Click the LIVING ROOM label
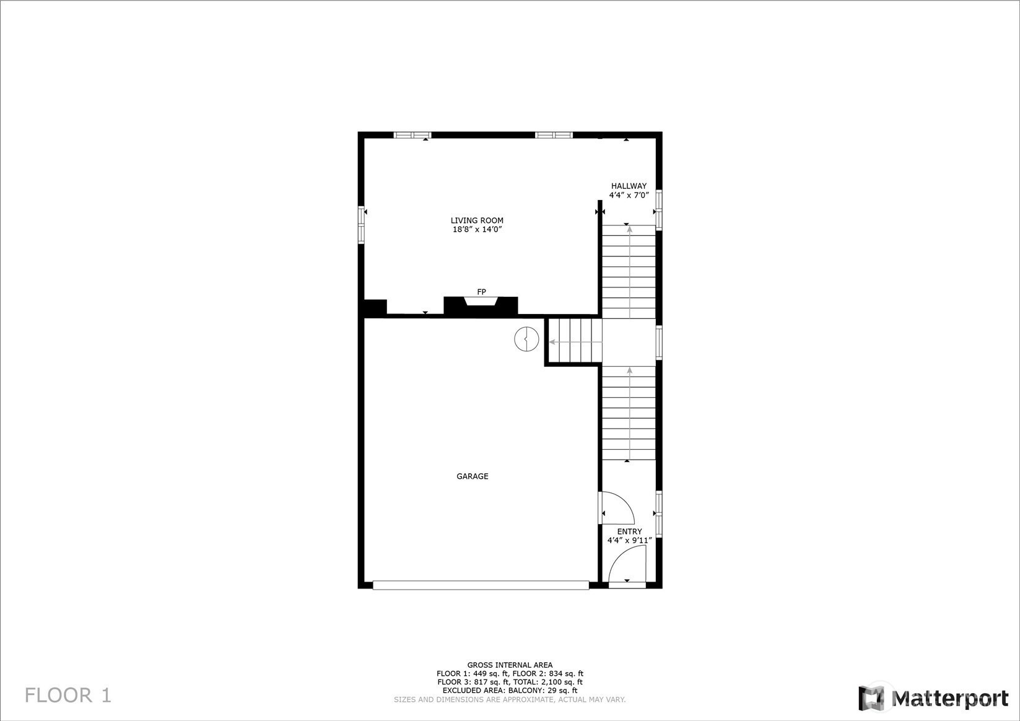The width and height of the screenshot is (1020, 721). (x=477, y=221)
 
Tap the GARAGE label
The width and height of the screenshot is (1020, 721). (x=472, y=476)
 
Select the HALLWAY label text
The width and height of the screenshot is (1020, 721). (x=629, y=186)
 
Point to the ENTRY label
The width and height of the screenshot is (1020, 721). (x=629, y=531)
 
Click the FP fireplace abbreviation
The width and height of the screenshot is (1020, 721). (x=481, y=292)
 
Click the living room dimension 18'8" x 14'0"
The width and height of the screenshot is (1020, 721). (x=477, y=230)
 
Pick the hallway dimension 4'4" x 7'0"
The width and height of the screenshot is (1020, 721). (x=629, y=195)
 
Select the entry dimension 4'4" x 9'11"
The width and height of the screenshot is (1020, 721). (x=629, y=541)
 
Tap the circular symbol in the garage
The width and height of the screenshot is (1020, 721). (x=526, y=339)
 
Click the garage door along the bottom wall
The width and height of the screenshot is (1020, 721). (x=481, y=585)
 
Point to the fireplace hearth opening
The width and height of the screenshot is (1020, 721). (x=481, y=302)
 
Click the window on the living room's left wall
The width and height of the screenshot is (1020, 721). (x=362, y=225)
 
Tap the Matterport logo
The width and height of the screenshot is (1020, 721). (x=934, y=697)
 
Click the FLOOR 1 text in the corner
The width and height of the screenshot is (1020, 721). (x=68, y=696)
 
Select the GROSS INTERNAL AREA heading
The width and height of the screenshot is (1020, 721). (x=510, y=665)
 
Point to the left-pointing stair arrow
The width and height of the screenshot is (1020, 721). (x=575, y=341)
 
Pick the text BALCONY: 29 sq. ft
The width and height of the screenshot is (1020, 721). (x=543, y=691)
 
